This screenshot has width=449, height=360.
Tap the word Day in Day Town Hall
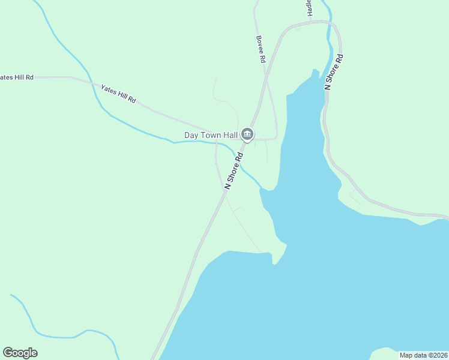click(191, 136)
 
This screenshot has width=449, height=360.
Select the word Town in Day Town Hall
click(210, 136)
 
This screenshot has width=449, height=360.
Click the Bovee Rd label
click(261, 49)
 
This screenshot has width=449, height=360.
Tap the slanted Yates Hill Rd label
click(119, 92)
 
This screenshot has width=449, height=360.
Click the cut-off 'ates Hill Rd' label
click(17, 77)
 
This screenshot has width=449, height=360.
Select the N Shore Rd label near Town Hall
click(234, 171)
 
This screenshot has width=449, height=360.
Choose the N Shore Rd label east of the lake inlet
click(334, 72)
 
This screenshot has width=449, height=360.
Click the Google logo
click(20, 353)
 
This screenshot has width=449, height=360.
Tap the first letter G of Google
click(7, 353)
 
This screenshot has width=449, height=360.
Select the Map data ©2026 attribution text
click(423, 355)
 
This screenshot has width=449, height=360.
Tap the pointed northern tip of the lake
click(313, 71)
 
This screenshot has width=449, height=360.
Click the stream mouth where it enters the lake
click(261, 188)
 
